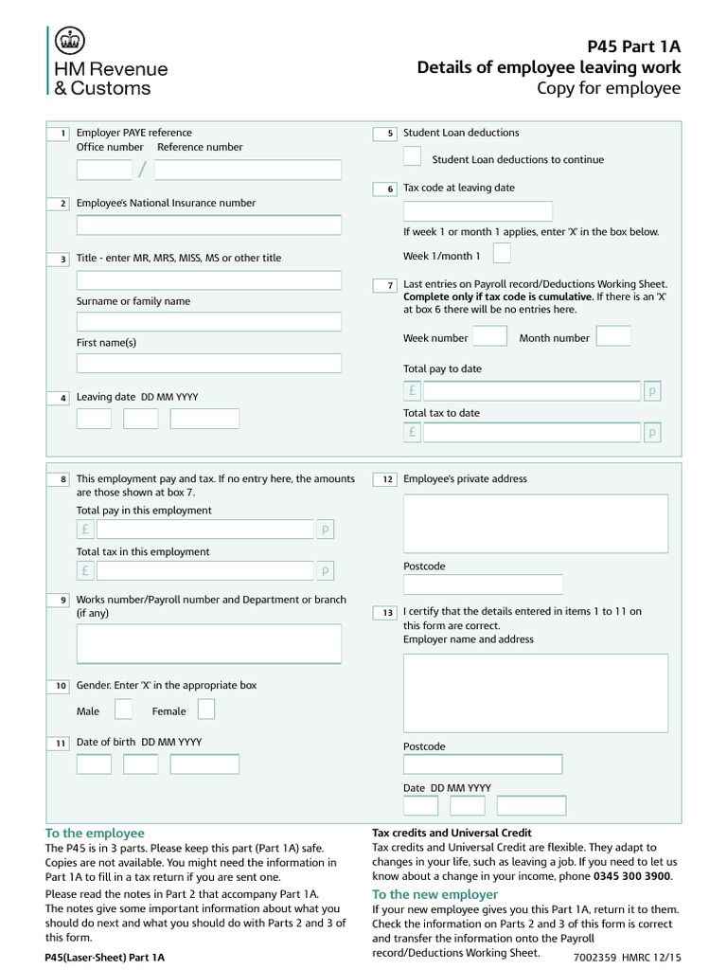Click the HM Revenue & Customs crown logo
[70, 42]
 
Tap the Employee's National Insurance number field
[208, 225]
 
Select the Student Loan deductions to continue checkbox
[413, 157]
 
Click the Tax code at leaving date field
[478, 211]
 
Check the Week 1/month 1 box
[503, 254]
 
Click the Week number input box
[489, 336]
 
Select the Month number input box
[613, 336]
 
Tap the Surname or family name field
[208, 322]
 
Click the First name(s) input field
[208, 364]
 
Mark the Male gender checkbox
[123, 710]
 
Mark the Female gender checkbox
[206, 710]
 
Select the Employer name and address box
[535, 692]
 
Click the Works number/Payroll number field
[208, 643]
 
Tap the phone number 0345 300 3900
[631, 877]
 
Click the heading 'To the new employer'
[434, 894]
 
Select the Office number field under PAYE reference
[104, 171]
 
